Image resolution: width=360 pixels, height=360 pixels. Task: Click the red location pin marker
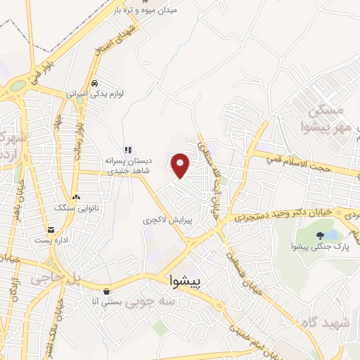click(181, 165)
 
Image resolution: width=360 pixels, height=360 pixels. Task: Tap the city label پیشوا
click(186, 281)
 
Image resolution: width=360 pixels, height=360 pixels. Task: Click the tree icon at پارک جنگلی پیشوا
click(321, 236)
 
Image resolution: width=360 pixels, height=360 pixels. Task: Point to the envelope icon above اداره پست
click(51, 230)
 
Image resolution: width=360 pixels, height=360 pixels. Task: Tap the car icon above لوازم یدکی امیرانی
click(94, 82)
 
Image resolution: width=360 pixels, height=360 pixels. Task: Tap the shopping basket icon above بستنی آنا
click(105, 291)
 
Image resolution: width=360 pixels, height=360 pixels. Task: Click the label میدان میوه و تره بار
click(164, 11)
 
